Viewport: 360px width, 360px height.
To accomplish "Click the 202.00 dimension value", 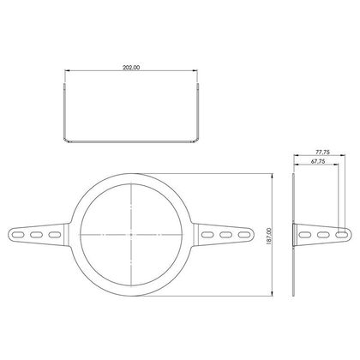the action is (x=131, y=68).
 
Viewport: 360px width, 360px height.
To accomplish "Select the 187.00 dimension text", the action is (x=268, y=236).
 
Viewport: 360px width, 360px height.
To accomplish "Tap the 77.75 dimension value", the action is (x=322, y=153).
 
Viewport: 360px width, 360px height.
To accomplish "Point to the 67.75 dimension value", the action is (x=318, y=161).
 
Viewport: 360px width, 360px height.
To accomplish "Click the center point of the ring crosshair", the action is (x=131, y=235).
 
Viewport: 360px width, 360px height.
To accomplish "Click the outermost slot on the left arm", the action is (x=18, y=235).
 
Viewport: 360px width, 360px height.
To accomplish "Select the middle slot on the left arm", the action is (x=36, y=235).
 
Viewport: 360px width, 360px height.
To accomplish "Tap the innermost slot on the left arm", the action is (x=55, y=235).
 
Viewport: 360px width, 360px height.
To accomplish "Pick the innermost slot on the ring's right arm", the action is (x=207, y=235).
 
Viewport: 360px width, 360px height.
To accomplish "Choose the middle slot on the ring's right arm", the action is (x=226, y=235).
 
